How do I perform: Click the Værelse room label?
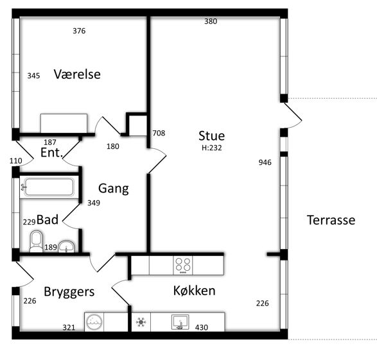77,74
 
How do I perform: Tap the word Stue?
211,135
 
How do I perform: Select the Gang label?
114,189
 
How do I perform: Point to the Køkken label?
194,291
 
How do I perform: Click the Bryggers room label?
69,292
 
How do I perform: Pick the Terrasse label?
331,220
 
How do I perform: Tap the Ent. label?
51,153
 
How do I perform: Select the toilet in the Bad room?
37,241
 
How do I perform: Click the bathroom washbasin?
67,246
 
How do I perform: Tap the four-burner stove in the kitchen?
183,265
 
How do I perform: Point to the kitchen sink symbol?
180,322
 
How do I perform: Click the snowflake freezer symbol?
141,322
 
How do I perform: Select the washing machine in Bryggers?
94,322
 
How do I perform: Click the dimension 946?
265,162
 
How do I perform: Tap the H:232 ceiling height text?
211,148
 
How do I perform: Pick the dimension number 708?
159,133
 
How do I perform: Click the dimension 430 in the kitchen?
202,327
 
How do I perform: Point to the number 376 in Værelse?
79,31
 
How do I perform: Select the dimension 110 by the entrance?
16,160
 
